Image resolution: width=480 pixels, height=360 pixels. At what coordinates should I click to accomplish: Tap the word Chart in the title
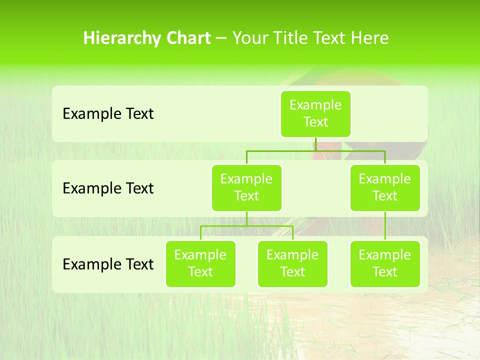(x=186, y=38)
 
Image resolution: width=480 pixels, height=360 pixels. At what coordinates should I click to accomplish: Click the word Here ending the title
(x=369, y=38)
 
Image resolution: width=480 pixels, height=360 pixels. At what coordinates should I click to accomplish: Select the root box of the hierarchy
(x=315, y=113)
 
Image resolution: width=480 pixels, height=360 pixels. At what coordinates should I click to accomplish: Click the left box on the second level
(x=246, y=187)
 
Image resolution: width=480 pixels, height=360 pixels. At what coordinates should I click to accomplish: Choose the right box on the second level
(x=385, y=187)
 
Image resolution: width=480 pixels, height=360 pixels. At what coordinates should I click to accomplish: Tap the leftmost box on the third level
(x=200, y=263)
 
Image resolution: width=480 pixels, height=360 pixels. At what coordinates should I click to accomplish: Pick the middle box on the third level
(x=292, y=263)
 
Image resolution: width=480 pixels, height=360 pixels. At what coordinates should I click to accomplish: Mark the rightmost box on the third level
(x=385, y=263)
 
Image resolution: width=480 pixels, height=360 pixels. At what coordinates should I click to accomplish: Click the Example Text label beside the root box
(x=108, y=114)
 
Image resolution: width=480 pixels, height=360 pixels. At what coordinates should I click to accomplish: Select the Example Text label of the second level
(x=108, y=188)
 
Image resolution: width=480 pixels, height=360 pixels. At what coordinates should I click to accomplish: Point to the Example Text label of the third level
(x=108, y=264)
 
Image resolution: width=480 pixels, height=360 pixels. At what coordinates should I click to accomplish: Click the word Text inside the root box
(x=315, y=122)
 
